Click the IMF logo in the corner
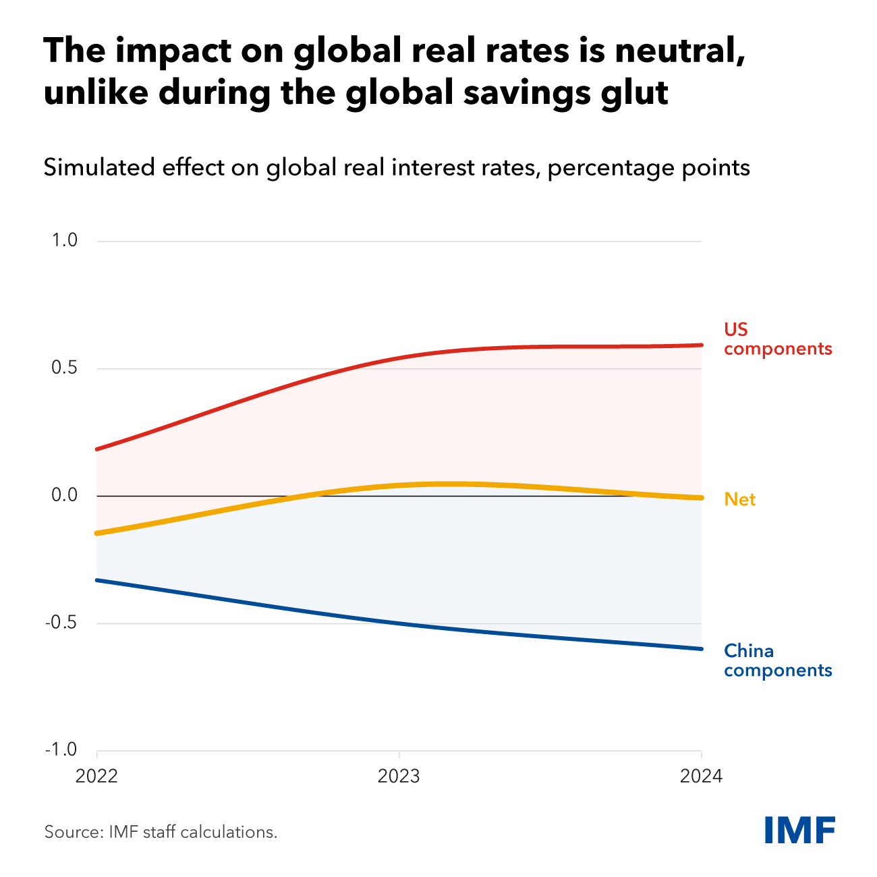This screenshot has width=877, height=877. coord(799,829)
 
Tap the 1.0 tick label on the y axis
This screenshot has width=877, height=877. coord(65,241)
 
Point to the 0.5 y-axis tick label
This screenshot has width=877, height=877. coord(65,368)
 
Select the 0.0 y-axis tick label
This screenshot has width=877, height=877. coord(65,496)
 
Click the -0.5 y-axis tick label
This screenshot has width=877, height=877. coord(61,623)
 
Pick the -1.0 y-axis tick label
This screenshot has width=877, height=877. coord(61,750)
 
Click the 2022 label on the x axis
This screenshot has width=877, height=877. coord(96,776)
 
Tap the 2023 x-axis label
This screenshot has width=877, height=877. coord(399,776)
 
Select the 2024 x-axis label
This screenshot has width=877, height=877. coord(701,776)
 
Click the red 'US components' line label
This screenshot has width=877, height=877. coord(777,339)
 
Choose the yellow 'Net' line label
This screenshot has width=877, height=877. coord(739,499)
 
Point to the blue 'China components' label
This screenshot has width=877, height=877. coord(777,660)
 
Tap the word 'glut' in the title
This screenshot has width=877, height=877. coord(635,93)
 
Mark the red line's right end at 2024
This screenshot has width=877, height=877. coord(701,345)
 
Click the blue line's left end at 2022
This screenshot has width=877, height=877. coord(98,580)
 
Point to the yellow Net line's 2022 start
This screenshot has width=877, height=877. coord(98,533)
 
